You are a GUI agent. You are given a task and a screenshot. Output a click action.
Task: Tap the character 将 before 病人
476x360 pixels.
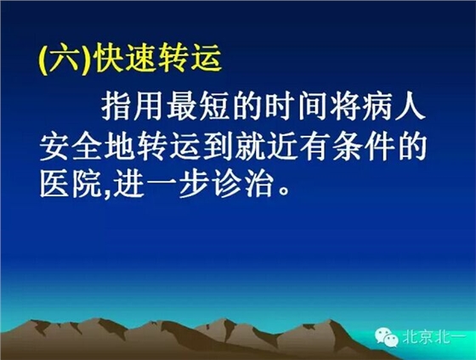356,107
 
